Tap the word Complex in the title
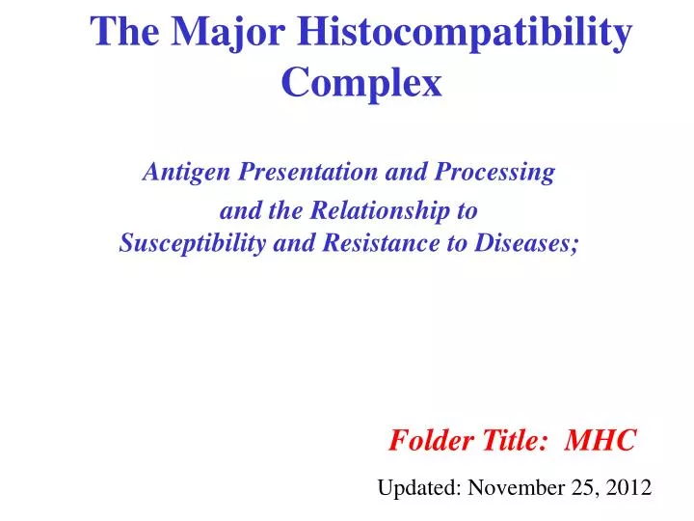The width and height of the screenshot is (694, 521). click(361, 84)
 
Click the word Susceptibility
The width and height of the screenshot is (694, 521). click(193, 243)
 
